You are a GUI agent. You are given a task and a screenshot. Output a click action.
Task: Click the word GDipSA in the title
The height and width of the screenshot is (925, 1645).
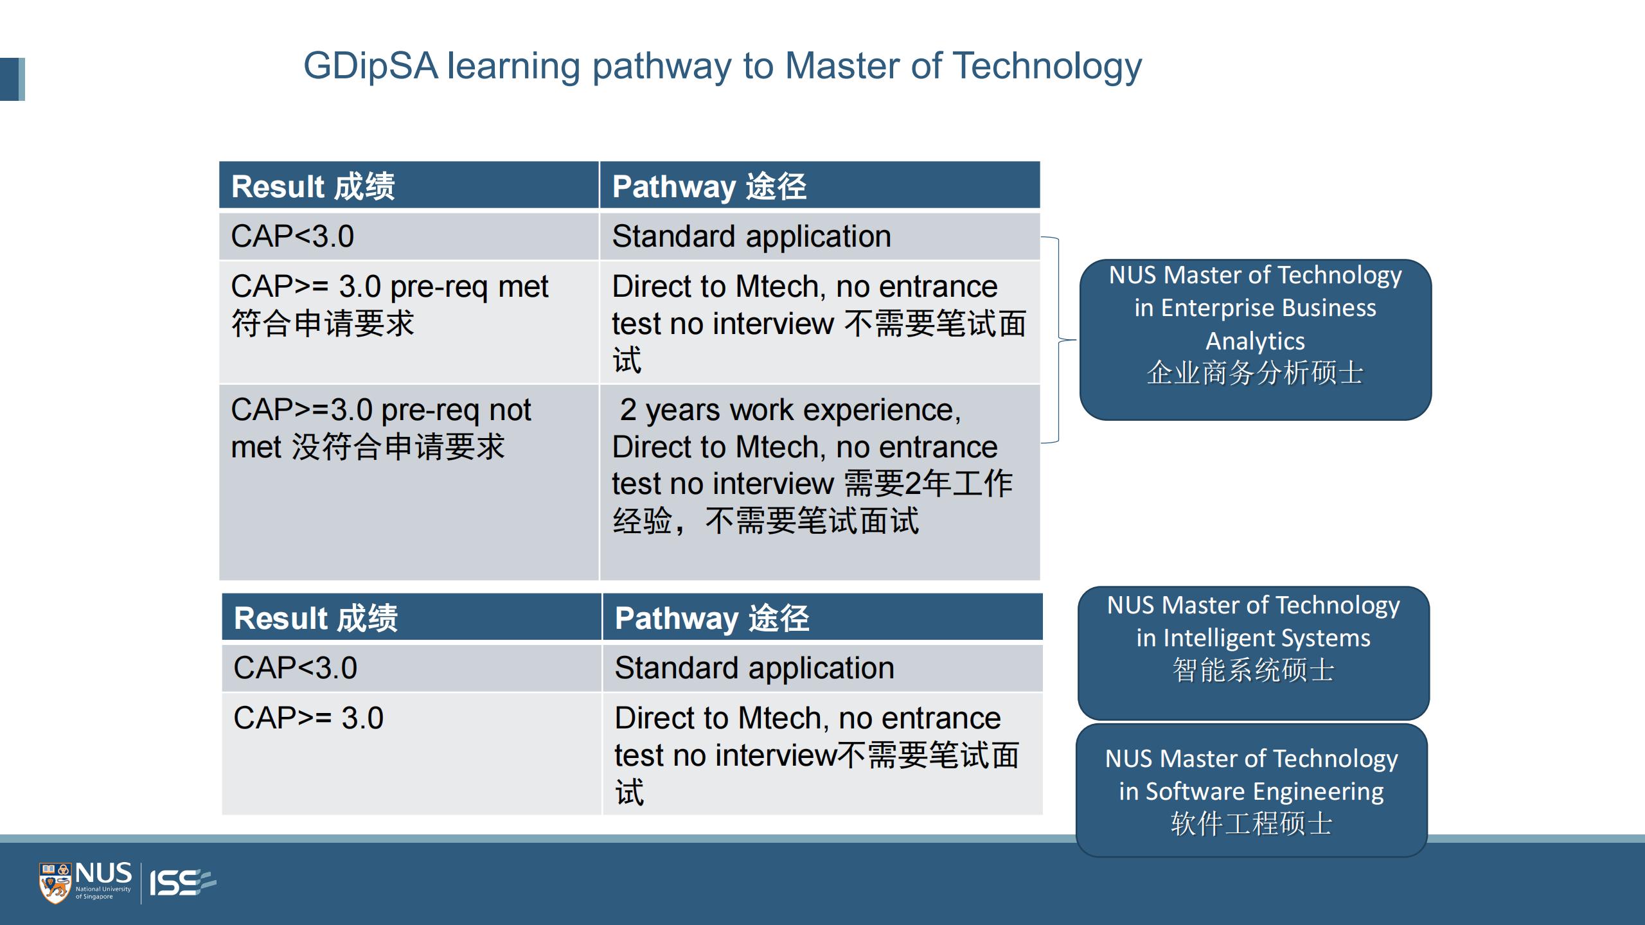point(371,67)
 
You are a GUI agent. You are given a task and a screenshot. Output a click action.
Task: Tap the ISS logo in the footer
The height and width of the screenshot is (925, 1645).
point(182,883)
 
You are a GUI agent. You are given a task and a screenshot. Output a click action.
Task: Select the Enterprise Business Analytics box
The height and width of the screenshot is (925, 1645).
point(1256,340)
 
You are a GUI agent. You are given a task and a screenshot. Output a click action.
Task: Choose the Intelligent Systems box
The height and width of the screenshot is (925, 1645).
point(1254,653)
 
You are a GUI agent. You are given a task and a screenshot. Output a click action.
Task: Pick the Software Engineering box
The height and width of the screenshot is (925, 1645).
point(1252,790)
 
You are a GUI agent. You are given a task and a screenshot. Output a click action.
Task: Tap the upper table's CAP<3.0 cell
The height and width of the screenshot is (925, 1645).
point(409,236)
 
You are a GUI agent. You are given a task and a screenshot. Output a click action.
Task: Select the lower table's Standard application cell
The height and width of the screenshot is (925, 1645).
point(822,668)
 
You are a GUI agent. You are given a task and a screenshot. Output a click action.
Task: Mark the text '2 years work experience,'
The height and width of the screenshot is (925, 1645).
point(790,410)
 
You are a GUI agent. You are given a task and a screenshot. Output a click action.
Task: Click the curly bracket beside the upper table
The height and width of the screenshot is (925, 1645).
point(1058,340)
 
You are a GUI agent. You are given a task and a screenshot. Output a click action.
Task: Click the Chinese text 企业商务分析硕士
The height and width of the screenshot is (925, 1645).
point(1255,373)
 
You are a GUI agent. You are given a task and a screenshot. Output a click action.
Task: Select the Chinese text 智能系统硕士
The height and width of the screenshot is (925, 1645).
point(1254,671)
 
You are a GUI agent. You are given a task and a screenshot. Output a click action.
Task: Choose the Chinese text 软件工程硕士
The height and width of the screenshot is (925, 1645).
point(1252,824)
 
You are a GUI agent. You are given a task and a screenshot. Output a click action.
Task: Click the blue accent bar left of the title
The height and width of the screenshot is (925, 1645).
point(12,80)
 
